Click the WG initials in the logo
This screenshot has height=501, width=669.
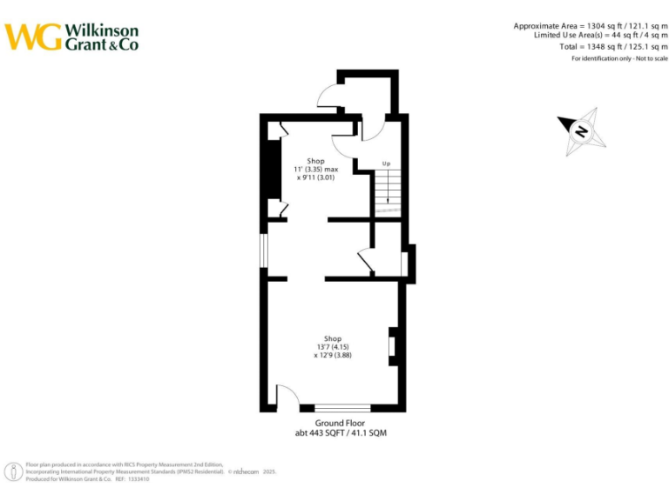(33, 37)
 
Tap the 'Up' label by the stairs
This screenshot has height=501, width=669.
(386, 164)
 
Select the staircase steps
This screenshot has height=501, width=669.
(387, 189)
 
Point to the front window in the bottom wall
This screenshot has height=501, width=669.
(342, 407)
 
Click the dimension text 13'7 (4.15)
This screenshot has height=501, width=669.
(333, 347)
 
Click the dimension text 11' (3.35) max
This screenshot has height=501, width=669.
(315, 169)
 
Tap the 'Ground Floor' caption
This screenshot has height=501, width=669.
(340, 423)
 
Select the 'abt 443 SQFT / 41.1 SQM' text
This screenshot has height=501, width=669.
(340, 432)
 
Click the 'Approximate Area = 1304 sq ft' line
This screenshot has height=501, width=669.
(591, 25)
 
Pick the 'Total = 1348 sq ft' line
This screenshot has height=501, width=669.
(613, 46)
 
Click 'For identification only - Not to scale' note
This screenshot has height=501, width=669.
(619, 58)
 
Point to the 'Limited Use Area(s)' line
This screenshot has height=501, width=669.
(600, 36)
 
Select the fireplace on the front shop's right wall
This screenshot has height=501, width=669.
(392, 344)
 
